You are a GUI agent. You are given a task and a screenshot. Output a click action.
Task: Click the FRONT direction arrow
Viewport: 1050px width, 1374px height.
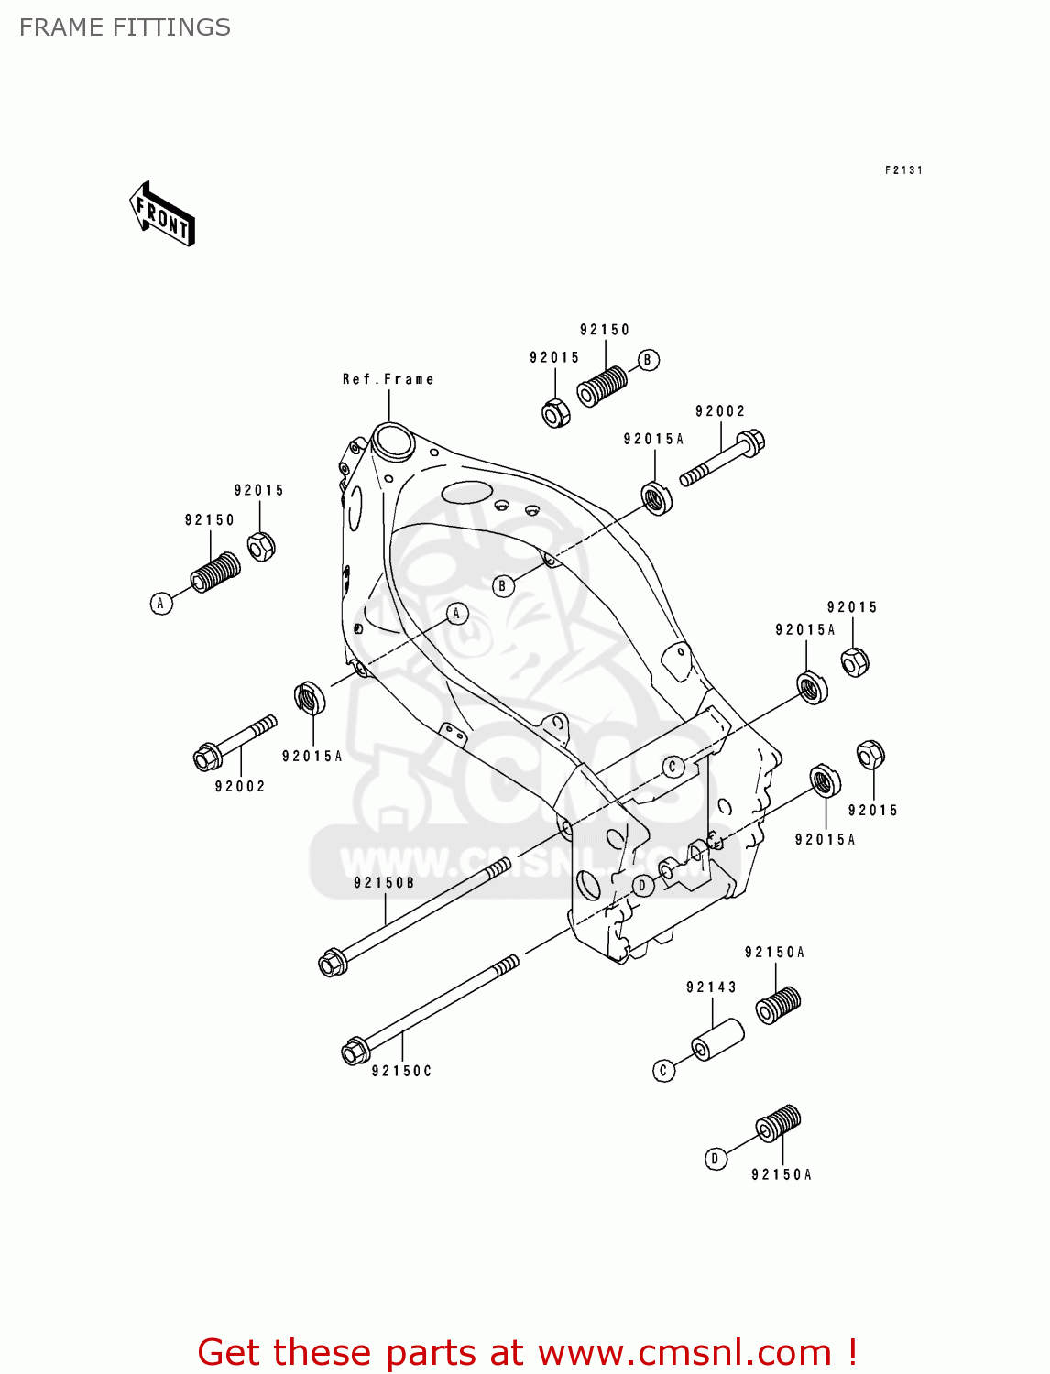[162, 213]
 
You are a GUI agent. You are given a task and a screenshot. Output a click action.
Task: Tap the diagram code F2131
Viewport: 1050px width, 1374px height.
[902, 170]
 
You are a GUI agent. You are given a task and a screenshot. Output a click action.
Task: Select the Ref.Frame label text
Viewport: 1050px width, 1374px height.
[388, 379]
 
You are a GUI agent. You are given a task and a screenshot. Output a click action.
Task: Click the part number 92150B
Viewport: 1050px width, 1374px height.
[384, 883]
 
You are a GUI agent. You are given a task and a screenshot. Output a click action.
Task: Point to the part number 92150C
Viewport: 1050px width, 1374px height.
[401, 1071]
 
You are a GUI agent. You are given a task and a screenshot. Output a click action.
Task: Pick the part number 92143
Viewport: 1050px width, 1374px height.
[711, 987]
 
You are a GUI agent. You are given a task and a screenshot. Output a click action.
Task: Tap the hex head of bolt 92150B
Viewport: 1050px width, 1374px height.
[332, 963]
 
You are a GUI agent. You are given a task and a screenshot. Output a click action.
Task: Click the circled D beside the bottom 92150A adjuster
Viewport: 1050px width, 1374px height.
[715, 1159]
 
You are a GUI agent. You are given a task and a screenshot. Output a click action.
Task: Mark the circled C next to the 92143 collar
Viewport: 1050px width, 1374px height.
[663, 1070]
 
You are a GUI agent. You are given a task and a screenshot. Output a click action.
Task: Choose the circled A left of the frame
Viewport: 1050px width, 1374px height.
[161, 603]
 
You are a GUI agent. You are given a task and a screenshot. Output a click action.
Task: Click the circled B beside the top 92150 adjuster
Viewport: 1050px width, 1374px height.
[648, 360]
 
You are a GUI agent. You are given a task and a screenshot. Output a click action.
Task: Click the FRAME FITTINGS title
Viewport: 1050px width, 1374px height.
[125, 27]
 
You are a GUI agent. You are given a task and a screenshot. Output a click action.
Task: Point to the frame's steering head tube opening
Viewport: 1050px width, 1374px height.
[392, 439]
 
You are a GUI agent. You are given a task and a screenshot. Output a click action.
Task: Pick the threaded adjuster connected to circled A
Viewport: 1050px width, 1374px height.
[215, 572]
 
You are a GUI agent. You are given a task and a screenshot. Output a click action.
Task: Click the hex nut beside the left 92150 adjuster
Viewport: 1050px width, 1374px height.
[261, 547]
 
